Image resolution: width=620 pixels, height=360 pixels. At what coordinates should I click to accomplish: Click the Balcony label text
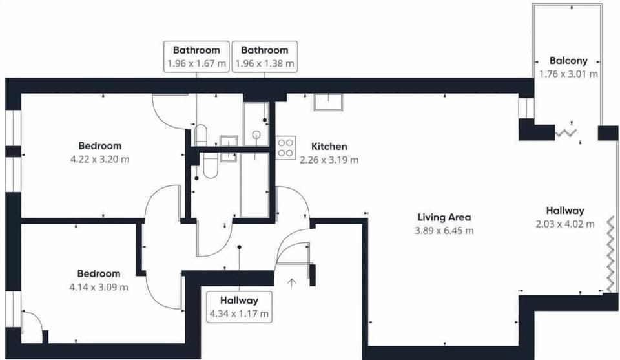(x=568, y=61)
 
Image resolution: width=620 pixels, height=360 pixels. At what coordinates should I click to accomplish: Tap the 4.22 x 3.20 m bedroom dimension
(x=99, y=160)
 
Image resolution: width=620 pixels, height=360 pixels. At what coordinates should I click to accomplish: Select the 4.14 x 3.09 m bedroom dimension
(x=99, y=287)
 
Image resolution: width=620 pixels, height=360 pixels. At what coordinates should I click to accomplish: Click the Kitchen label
(x=329, y=146)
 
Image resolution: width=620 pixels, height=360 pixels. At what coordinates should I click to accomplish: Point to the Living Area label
(x=444, y=217)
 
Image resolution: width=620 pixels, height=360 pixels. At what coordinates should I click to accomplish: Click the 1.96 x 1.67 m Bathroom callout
(x=196, y=57)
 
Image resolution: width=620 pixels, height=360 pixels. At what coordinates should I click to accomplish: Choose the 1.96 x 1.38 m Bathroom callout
(x=265, y=57)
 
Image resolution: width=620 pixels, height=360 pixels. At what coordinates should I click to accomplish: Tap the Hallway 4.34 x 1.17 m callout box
(x=239, y=307)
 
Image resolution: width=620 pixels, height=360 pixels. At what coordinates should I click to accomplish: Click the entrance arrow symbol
(x=292, y=283)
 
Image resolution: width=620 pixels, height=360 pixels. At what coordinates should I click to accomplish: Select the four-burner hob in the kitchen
(x=285, y=147)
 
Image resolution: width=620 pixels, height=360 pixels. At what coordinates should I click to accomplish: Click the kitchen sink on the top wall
(x=328, y=102)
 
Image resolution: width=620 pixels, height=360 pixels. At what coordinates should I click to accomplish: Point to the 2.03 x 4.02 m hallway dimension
(x=565, y=224)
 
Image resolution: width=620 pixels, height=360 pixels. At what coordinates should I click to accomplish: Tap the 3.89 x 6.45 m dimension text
(x=444, y=231)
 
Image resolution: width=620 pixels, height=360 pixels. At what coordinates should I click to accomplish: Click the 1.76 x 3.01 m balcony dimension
(x=568, y=74)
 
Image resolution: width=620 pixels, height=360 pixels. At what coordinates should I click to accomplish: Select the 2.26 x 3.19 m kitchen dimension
(x=329, y=160)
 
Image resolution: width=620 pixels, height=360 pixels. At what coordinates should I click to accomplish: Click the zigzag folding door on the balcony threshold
(x=566, y=133)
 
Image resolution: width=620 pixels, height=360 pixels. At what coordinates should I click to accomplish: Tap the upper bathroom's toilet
(x=201, y=135)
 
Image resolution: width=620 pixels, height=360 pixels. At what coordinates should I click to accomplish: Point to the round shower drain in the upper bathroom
(x=256, y=135)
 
